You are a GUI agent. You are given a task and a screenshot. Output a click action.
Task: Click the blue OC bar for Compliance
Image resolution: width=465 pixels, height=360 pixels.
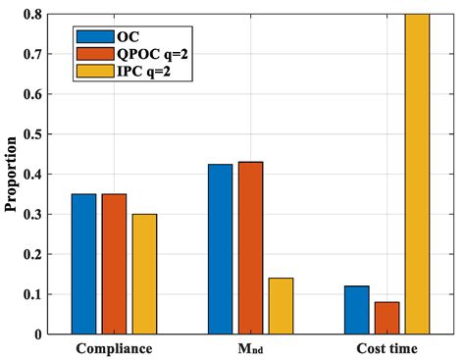(83, 264)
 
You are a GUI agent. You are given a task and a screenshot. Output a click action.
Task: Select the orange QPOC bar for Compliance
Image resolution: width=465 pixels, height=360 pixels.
(114, 264)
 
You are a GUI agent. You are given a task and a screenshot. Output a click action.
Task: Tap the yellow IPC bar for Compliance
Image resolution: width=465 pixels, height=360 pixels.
(143, 274)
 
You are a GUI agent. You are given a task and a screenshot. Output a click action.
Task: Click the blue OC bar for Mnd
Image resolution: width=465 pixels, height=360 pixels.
(221, 249)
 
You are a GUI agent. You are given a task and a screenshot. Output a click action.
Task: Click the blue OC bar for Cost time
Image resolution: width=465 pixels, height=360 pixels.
(357, 310)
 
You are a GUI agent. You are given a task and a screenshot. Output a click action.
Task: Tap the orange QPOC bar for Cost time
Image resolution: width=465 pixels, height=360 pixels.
(387, 318)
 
